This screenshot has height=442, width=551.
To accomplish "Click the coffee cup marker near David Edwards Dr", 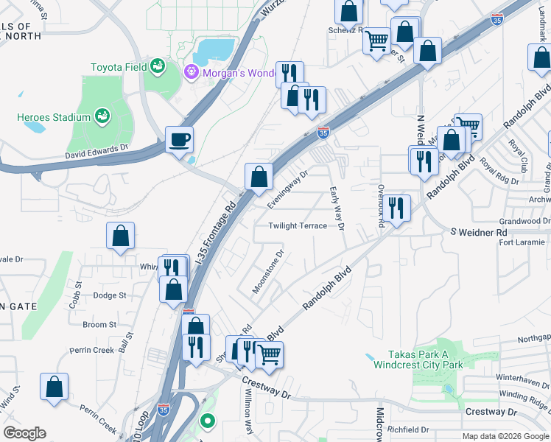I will coord(180,139).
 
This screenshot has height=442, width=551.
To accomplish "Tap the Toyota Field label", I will coord(117,67).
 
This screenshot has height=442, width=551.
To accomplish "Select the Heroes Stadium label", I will coord(54,117).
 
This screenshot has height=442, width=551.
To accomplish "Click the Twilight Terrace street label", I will coord(298,226).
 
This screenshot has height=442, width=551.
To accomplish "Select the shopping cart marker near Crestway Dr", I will coord(269,354).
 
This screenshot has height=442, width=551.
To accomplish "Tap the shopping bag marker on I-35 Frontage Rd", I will coord(259,176).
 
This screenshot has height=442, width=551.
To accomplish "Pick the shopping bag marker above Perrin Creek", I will coord(55,387).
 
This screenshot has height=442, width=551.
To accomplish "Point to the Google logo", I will coord(24,433).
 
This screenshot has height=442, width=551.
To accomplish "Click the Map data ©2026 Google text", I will coord(505,436).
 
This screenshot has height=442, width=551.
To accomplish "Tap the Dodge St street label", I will coord(110,295).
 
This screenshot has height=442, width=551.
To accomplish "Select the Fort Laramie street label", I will coord(522,242).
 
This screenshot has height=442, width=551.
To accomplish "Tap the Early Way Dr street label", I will coord(337,208).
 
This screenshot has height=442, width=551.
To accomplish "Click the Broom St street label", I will coord(99,324).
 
